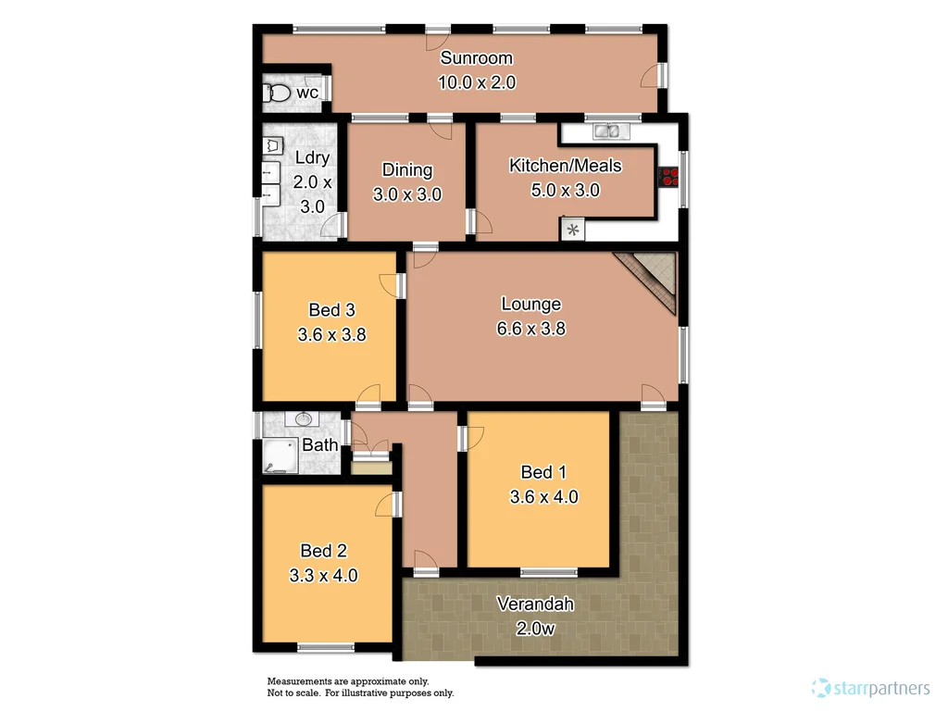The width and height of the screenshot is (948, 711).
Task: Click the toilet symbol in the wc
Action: [x=278, y=93]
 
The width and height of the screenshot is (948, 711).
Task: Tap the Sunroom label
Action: [x=476, y=58]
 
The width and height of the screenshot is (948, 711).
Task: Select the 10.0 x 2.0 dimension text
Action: [x=476, y=82]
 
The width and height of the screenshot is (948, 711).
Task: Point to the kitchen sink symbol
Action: [x=608, y=131]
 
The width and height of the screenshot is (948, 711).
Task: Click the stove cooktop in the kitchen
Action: [x=667, y=176]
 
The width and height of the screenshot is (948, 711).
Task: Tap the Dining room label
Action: [x=407, y=170]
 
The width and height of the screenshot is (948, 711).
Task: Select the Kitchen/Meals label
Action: [x=565, y=166]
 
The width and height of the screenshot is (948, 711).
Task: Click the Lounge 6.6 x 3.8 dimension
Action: [x=530, y=329]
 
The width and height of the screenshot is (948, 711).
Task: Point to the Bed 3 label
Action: [x=331, y=310]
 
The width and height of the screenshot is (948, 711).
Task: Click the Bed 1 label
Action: [x=543, y=472]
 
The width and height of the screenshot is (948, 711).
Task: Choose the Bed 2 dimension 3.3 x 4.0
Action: [x=323, y=575]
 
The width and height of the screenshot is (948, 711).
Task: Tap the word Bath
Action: [x=320, y=445]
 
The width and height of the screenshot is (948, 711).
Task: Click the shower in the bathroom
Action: [x=278, y=456]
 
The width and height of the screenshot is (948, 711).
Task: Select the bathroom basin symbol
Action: [x=303, y=420]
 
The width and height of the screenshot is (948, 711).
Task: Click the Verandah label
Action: [x=535, y=605]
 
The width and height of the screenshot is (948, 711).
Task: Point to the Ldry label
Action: [x=311, y=158]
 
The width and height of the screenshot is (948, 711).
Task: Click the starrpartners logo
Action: [x=870, y=688]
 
